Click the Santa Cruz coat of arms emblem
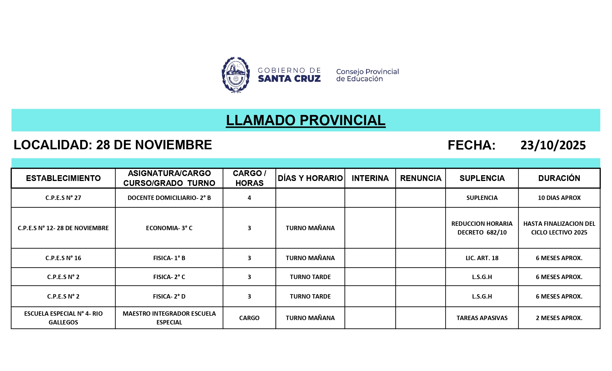235,75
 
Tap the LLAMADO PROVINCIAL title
305,120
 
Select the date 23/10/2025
553,145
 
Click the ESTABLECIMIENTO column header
63,178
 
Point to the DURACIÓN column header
559,178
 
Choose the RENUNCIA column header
421,178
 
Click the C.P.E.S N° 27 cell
63,198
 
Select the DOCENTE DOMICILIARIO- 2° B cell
169,198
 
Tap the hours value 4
249,198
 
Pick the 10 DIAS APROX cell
559,198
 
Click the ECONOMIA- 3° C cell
169,228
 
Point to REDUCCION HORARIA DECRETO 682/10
482,228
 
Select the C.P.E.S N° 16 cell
63,258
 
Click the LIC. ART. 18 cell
482,258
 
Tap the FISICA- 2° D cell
169,297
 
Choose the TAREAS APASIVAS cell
482,318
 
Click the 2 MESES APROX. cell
559,318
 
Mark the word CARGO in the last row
249,318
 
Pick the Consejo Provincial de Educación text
367,75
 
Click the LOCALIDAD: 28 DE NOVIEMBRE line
113,145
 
